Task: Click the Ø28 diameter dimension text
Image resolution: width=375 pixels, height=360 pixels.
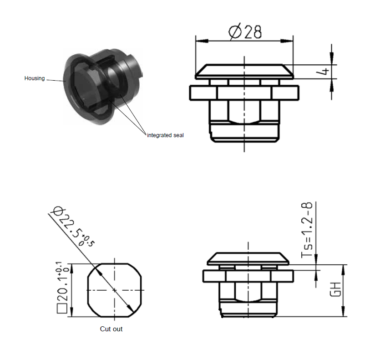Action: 245,32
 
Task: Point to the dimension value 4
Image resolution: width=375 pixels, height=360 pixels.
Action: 324,71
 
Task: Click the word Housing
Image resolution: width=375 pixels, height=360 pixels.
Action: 35,78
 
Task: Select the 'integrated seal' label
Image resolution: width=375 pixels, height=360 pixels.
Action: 165,135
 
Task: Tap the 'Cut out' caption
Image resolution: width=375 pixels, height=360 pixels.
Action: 111,329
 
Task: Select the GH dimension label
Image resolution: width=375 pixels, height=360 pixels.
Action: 335,290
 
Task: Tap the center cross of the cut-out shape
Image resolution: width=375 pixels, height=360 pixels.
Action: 114,290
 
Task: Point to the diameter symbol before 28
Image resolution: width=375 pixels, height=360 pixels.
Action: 235,32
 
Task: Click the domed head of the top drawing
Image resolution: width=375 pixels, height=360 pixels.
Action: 244,71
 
